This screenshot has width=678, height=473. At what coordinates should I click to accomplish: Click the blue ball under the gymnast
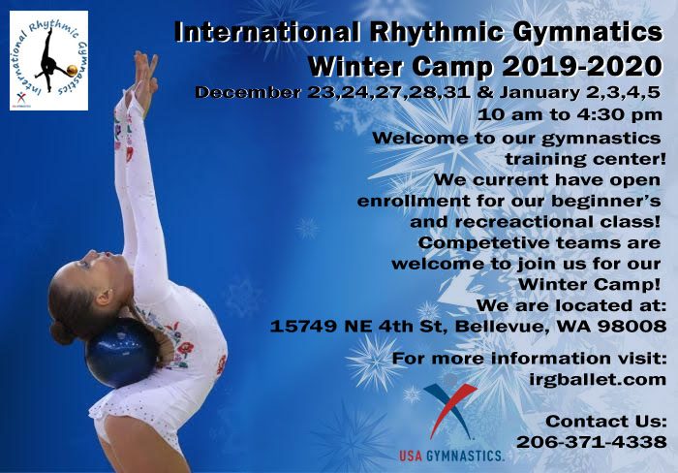pos(121,353)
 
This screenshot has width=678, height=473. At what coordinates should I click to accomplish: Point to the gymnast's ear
pos(104,297)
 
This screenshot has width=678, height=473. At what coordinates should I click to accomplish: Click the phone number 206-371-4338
pos(591,442)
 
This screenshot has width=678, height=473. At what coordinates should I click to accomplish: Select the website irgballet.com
pos(598,380)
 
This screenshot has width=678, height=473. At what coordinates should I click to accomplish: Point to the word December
pos(247,92)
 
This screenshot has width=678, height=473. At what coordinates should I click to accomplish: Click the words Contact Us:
pos(605,421)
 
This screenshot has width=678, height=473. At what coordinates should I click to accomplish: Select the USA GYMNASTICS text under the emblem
pos(451,456)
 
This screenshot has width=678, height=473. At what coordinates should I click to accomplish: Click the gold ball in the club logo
pos(73,70)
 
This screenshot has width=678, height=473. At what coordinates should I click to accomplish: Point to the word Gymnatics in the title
pos(587,32)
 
